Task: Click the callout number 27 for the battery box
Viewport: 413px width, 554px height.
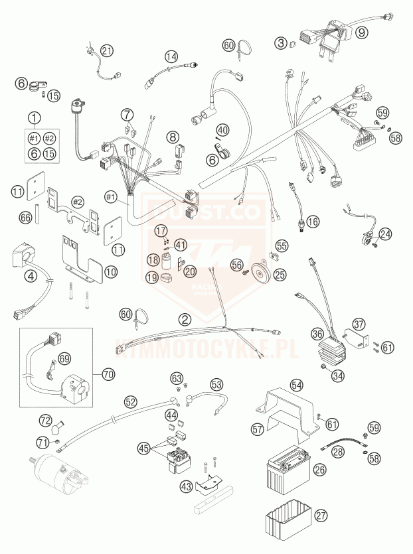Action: (321, 516)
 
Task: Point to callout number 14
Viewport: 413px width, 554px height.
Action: (172, 56)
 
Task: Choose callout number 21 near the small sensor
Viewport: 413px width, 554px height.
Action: (107, 50)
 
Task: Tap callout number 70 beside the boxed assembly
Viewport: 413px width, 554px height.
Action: (108, 374)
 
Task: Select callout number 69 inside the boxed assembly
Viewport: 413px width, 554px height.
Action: (64, 359)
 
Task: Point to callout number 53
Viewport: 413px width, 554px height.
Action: (216, 384)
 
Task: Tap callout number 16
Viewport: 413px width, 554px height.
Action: (312, 221)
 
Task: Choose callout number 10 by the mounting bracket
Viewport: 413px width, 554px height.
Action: (112, 271)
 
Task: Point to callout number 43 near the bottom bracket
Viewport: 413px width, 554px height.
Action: (187, 488)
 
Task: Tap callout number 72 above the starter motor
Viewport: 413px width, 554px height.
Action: (45, 421)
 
